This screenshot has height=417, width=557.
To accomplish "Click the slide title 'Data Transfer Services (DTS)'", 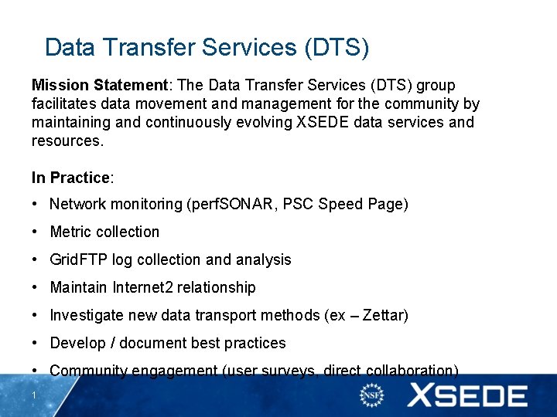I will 207,47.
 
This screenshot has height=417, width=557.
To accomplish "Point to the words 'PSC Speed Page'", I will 343,204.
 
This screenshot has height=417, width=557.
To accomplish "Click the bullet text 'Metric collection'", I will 104,232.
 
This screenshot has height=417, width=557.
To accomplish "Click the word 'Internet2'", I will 142,287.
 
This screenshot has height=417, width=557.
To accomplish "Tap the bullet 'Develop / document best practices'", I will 168,343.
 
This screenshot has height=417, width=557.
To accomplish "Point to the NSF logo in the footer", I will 372,395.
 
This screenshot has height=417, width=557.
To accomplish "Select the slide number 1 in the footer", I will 35,396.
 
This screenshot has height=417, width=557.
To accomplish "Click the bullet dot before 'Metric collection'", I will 36,232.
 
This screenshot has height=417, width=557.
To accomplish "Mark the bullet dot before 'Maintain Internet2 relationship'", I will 36,287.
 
